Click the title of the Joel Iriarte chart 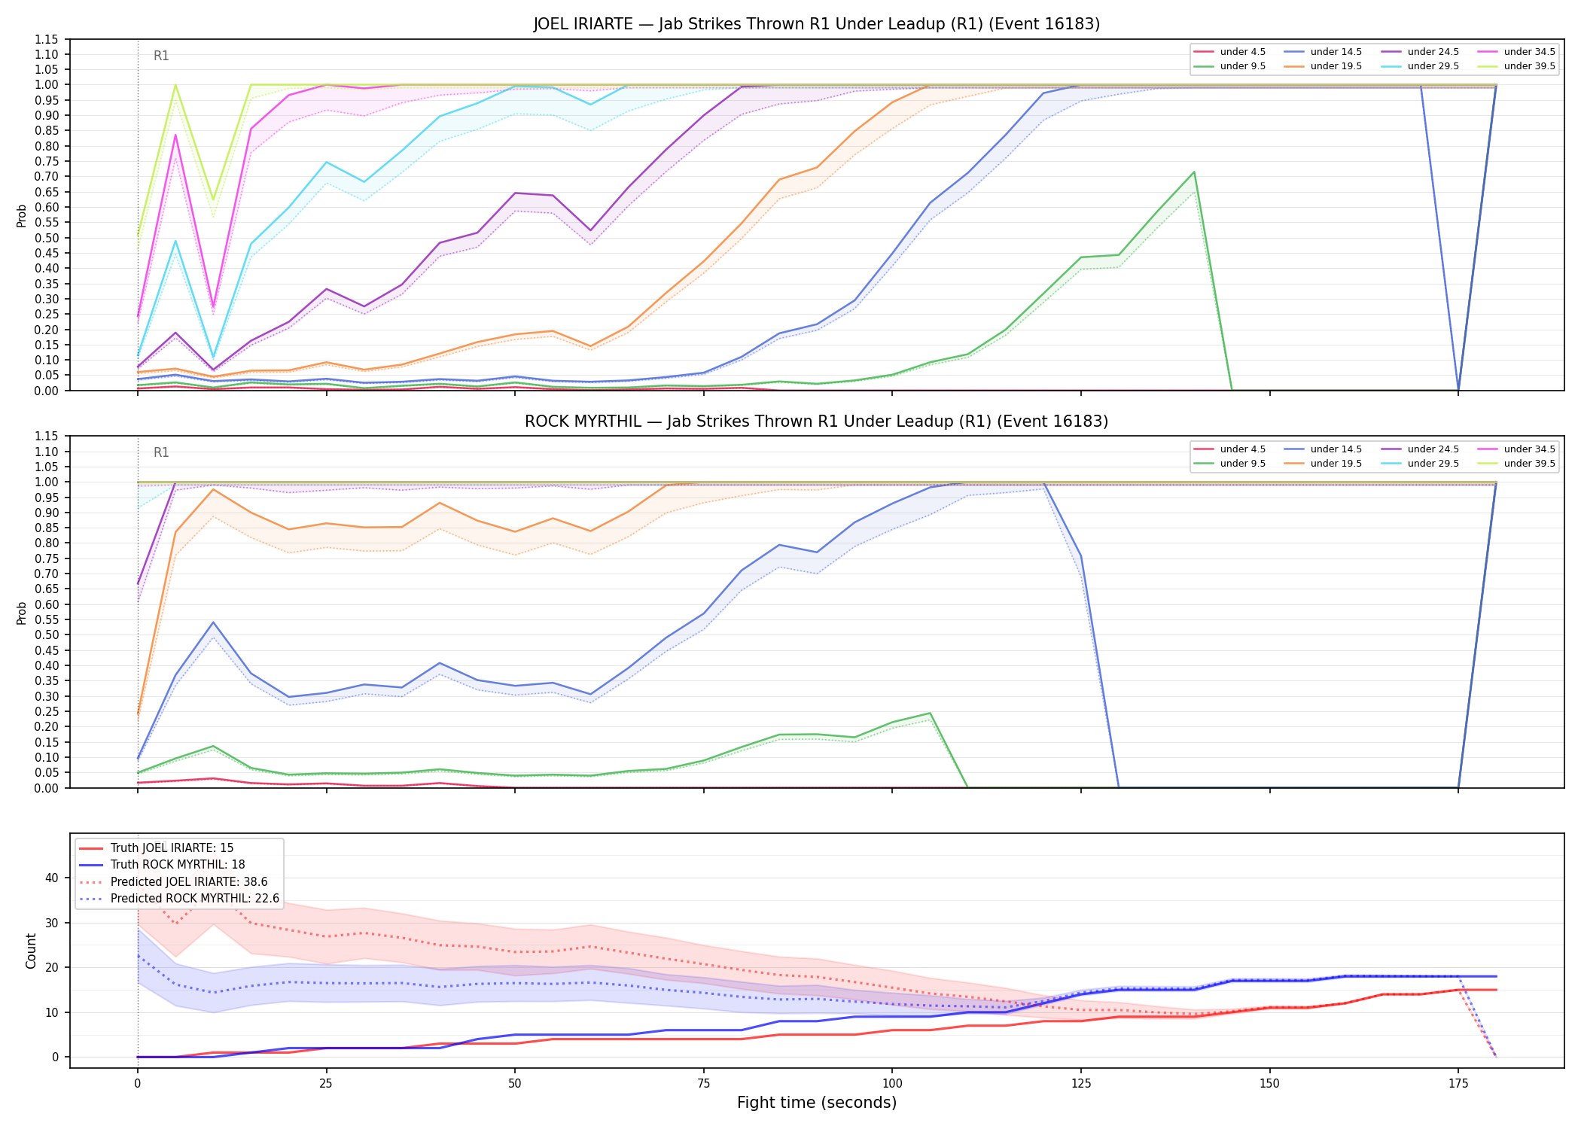pyautogui.click(x=817, y=24)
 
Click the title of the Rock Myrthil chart pyautogui.click(x=817, y=421)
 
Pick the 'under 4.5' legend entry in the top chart pyautogui.click(x=1230, y=52)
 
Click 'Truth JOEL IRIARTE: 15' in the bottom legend pyautogui.click(x=156, y=848)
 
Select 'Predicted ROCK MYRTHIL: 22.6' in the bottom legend pyautogui.click(x=179, y=899)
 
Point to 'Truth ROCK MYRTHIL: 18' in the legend pyautogui.click(x=162, y=865)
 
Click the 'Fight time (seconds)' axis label pyautogui.click(x=817, y=1103)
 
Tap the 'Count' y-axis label pyautogui.click(x=31, y=951)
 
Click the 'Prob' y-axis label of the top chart pyautogui.click(x=22, y=216)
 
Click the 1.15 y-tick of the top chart pyautogui.click(x=47, y=39)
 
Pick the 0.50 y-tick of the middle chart pyautogui.click(x=47, y=634)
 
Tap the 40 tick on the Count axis pyautogui.click(x=52, y=878)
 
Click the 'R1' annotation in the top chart pyautogui.click(x=161, y=56)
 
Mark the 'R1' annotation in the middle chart pyautogui.click(x=161, y=452)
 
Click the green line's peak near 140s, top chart pyautogui.click(x=1194, y=172)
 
